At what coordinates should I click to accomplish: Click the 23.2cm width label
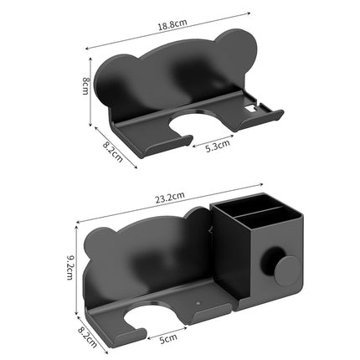(170, 199)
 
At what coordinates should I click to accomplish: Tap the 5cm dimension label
(170, 338)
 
